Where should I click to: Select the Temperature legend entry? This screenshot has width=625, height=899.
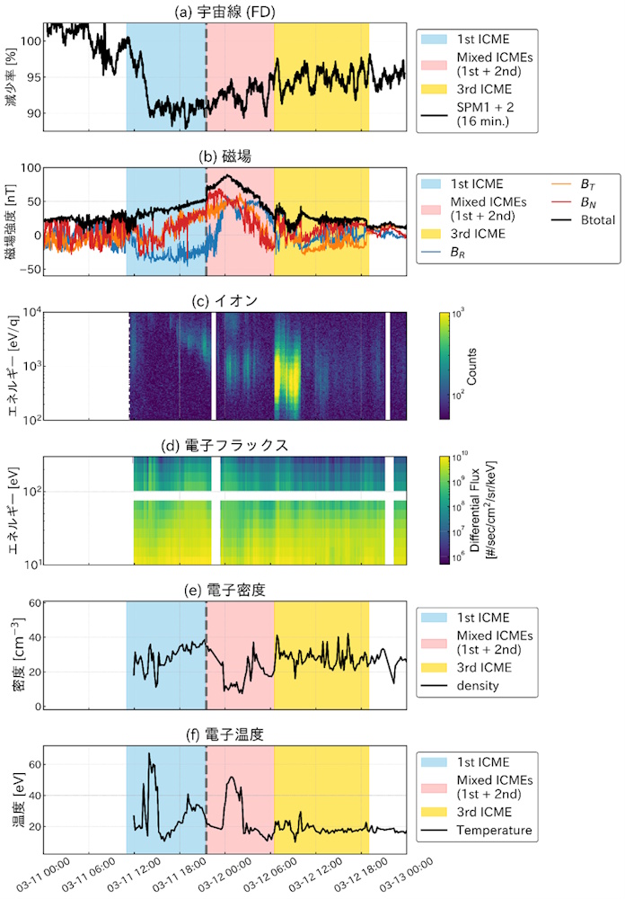coord(494,830)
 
